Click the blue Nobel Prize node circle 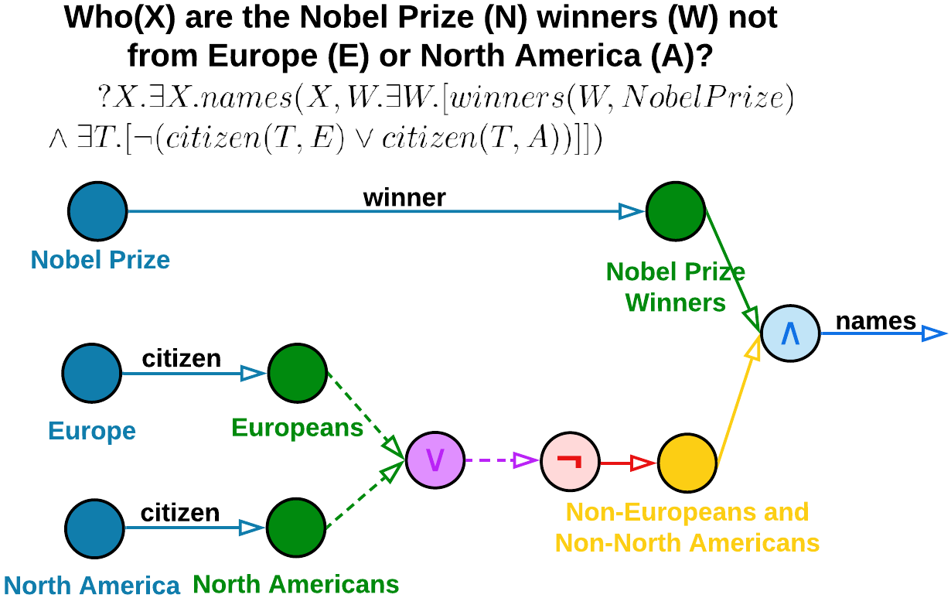(97, 211)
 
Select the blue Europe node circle (92, 373)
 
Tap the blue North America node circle (94, 528)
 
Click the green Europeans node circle (297, 373)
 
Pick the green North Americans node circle (295, 528)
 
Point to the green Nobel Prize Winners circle (675, 211)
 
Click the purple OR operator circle (435, 460)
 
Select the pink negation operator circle (570, 462)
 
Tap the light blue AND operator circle (789, 333)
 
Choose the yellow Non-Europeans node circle (687, 463)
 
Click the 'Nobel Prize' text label (101, 260)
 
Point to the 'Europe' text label (92, 430)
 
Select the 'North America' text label (92, 586)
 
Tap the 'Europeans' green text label (297, 428)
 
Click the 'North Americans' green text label (296, 584)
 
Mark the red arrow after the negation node (628, 463)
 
